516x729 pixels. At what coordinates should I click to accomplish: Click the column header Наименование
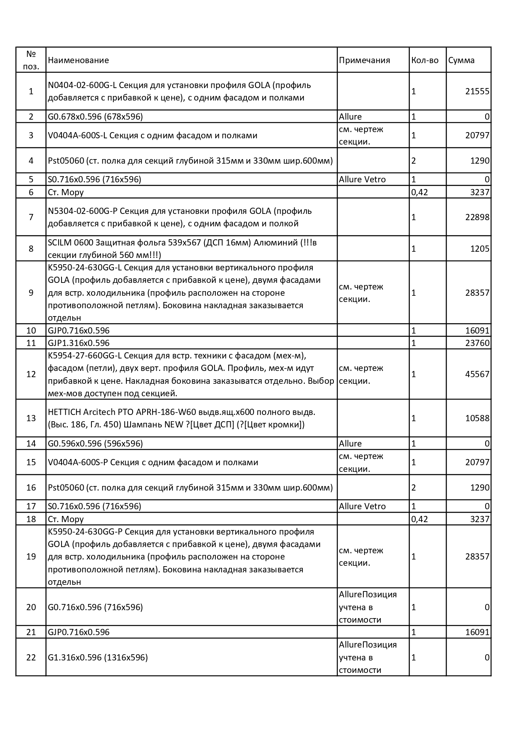click(78, 60)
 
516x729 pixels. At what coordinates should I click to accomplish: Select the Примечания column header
click(364, 60)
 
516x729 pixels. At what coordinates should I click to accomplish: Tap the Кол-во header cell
click(425, 60)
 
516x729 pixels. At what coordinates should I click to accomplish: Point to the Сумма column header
click(461, 60)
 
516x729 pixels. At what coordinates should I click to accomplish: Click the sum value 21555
click(477, 91)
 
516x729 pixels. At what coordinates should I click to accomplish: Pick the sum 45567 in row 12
click(477, 374)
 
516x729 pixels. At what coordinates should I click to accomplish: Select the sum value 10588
click(477, 418)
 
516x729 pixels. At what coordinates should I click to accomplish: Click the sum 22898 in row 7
click(477, 217)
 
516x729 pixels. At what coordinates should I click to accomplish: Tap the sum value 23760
click(477, 343)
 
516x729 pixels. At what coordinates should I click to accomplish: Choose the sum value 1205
click(479, 249)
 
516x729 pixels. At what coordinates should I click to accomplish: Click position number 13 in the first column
click(31, 418)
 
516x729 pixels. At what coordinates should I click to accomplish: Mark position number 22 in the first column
click(31, 658)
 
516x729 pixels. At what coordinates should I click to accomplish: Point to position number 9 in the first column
click(31, 293)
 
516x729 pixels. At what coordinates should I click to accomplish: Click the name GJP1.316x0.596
click(79, 343)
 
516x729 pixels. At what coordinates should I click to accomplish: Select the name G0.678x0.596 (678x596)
click(95, 117)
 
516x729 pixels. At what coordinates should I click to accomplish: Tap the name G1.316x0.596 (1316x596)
click(98, 658)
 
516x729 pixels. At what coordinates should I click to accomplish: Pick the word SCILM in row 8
click(59, 243)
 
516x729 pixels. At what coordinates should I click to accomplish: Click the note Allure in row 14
click(350, 444)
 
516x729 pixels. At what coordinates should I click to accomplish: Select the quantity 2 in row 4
click(414, 161)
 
